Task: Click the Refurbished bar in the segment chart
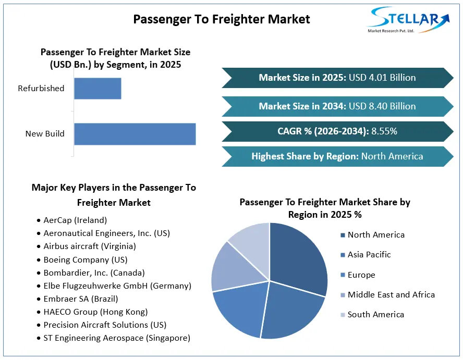point(98,89)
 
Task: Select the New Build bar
point(135,134)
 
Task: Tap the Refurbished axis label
point(41,89)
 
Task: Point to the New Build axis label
point(45,134)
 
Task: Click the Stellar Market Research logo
point(408,20)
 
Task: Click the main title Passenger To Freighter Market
point(222,19)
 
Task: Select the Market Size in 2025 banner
point(337,78)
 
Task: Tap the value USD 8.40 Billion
point(382,106)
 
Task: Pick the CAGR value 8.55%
point(384,131)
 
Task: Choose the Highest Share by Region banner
point(337,156)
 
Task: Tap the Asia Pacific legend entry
point(365,255)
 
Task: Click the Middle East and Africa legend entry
point(388,295)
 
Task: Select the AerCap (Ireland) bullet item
point(72,220)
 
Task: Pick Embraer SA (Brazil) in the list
point(78,299)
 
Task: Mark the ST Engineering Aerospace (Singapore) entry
point(114,338)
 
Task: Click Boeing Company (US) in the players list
point(82,259)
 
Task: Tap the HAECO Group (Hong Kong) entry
point(92,312)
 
